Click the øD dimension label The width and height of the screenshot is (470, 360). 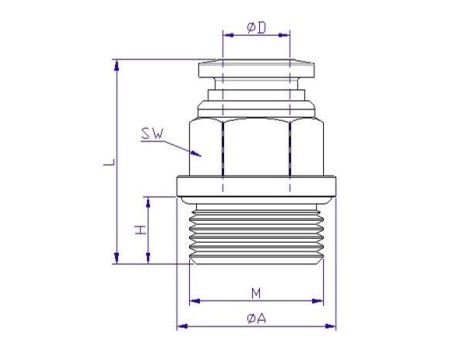click(256, 28)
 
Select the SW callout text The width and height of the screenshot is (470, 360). click(153, 134)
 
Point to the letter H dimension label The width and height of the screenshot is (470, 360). click(141, 230)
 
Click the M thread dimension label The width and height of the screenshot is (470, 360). click(256, 294)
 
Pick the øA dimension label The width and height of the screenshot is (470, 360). click(257, 319)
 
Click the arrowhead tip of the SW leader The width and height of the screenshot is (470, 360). click(201, 156)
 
